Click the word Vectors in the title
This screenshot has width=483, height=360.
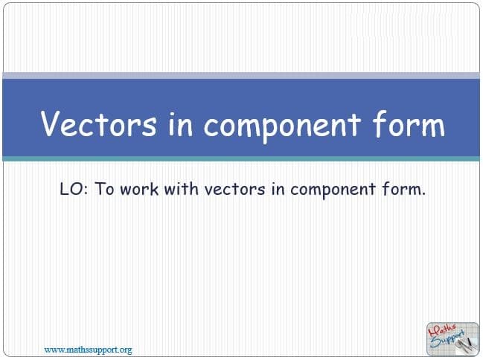click(x=98, y=123)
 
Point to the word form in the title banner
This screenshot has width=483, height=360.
click(x=409, y=123)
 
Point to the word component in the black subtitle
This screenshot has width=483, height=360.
click(x=333, y=190)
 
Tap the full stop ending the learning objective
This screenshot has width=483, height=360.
click(x=423, y=194)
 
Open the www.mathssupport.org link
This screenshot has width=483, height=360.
click(x=88, y=350)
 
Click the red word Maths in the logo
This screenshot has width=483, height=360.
click(x=442, y=330)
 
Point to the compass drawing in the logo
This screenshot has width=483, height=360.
click(x=466, y=344)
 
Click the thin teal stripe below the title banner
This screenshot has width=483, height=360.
click(x=241, y=158)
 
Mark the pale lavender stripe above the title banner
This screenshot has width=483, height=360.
click(x=241, y=76)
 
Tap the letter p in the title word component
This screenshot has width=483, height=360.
click(x=266, y=129)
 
